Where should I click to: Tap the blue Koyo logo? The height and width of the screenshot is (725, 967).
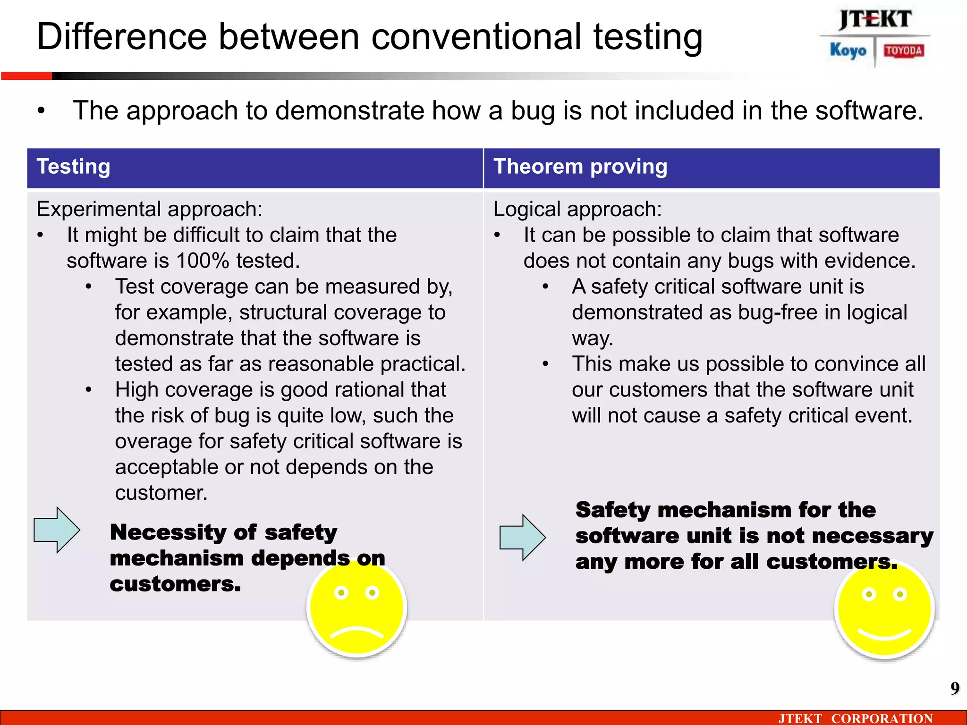click(848, 50)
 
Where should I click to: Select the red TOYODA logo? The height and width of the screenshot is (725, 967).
click(904, 51)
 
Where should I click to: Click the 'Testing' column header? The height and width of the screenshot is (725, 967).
click(74, 167)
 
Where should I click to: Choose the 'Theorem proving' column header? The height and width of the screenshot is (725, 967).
click(580, 167)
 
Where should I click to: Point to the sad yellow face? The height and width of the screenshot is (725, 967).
click(357, 609)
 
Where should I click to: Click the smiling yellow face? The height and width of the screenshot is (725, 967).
click(884, 610)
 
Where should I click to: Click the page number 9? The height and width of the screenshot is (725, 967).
click(955, 689)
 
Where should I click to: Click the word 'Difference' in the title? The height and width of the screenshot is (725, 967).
click(122, 37)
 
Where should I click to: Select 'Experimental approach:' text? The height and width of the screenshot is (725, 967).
click(149, 209)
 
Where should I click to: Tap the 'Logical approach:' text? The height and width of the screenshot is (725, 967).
click(577, 209)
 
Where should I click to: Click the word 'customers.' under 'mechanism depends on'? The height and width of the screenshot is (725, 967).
click(175, 584)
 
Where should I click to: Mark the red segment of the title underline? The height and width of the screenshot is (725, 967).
click(26, 76)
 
